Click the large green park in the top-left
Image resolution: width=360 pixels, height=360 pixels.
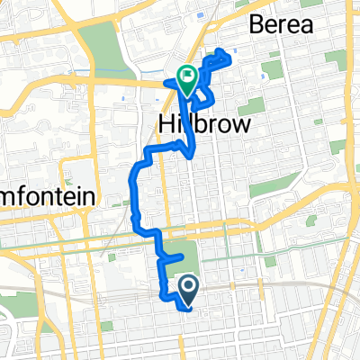(x=104, y=46)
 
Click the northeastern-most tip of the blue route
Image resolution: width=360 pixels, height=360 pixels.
(x=232, y=62)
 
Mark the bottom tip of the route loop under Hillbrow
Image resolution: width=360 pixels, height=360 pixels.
(x=194, y=156)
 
